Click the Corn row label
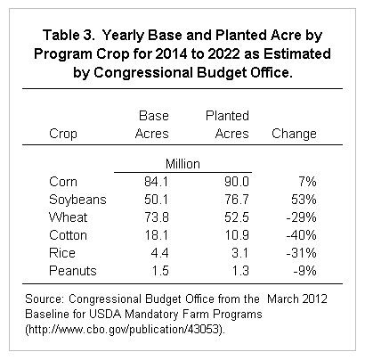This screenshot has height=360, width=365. pyautogui.click(x=63, y=182)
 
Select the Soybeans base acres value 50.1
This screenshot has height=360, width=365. pyautogui.click(x=156, y=200)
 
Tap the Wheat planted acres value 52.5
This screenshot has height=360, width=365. pyautogui.click(x=237, y=217)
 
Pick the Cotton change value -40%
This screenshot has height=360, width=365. pyautogui.click(x=301, y=235)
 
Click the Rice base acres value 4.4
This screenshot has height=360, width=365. pyautogui.click(x=159, y=253)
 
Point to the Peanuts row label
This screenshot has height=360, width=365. pyautogui.click(x=73, y=271)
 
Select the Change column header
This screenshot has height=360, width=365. pyautogui.click(x=294, y=134)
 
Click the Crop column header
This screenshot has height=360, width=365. pyautogui.click(x=63, y=134)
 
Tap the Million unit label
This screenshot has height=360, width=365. pyautogui.click(x=182, y=164)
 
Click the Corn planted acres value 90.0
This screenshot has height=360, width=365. pyautogui.click(x=237, y=182)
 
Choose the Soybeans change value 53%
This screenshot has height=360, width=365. pyautogui.click(x=304, y=200)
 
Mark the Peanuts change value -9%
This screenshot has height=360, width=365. pyautogui.click(x=304, y=271)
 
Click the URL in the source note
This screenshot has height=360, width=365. pyautogui.click(x=125, y=330)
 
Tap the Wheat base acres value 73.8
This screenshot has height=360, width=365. pyautogui.click(x=157, y=217)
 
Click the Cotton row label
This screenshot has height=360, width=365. pyautogui.click(x=68, y=235)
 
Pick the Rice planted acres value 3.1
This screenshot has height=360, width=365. pyautogui.click(x=239, y=253)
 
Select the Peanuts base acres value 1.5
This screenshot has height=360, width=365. pyautogui.click(x=160, y=271)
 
